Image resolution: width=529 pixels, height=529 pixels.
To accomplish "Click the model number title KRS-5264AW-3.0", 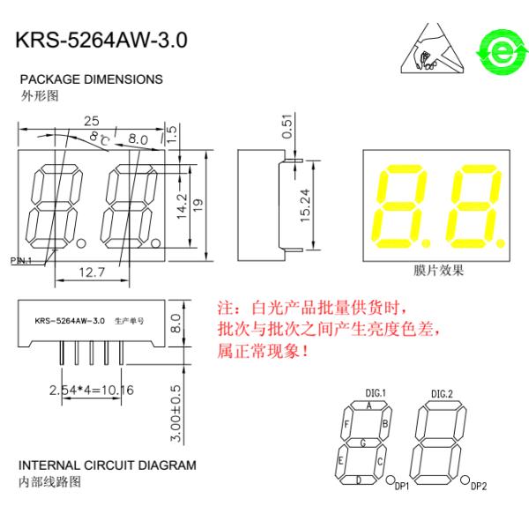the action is [x=101, y=41].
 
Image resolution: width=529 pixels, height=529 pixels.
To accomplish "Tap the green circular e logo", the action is [x=502, y=52].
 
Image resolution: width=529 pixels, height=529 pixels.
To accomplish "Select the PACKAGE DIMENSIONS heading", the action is [x=91, y=79].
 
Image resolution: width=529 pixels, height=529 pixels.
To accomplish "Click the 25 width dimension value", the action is [x=92, y=121].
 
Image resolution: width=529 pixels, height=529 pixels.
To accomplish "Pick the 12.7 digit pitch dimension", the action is [x=92, y=272].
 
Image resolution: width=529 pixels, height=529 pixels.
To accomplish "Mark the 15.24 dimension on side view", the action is [x=305, y=205].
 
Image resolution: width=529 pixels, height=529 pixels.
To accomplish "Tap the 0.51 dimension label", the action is [x=287, y=126].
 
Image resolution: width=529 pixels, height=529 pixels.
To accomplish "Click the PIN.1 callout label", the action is [x=20, y=260].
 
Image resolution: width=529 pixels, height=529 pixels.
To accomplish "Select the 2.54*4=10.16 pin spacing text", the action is [x=92, y=390].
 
